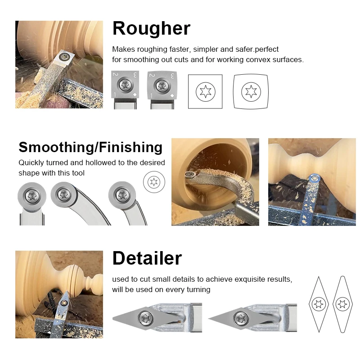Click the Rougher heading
click(151, 29)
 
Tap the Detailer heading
click(147, 258)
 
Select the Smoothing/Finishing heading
click(90, 147)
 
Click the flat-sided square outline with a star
click(205, 92)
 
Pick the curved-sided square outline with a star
click(251, 92)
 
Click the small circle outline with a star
click(154, 182)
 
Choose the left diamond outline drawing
click(320, 304)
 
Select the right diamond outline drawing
click(342, 304)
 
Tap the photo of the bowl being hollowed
click(215, 182)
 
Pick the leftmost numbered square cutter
click(124, 85)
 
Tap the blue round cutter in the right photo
click(315, 180)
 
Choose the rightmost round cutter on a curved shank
click(122, 195)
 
